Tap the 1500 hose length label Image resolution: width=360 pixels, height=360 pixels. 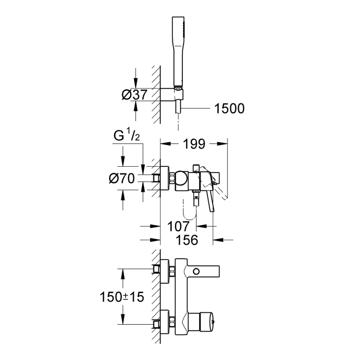229,109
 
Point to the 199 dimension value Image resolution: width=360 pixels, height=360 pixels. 194,144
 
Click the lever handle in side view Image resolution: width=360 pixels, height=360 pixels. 210,199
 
